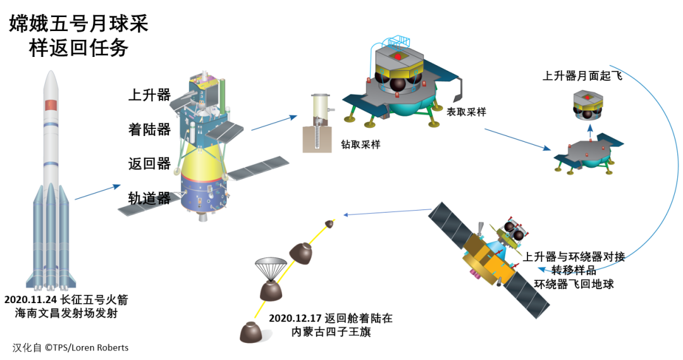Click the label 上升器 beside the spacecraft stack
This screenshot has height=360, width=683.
(149, 96)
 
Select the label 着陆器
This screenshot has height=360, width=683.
(149, 130)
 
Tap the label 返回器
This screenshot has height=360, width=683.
(149, 164)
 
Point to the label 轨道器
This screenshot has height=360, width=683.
(149, 199)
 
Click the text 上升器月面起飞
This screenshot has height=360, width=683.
(582, 76)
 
